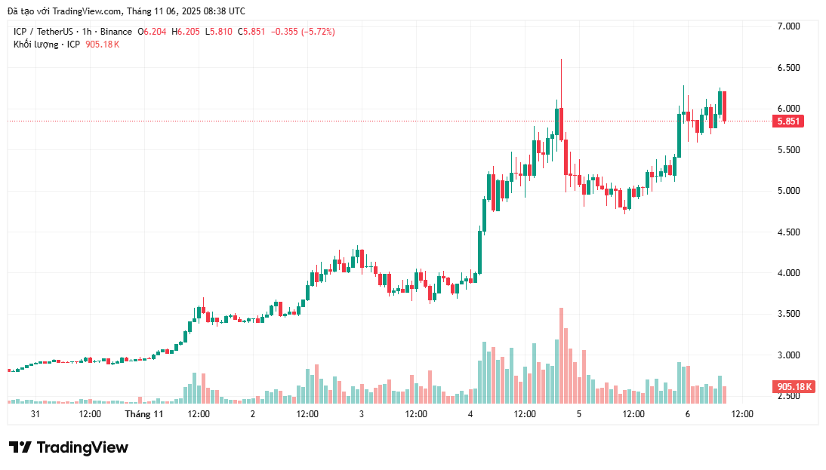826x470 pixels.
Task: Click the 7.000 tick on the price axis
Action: pos(788,26)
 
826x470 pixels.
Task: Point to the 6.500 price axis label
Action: pos(788,68)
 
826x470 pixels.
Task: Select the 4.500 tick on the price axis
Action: pos(788,232)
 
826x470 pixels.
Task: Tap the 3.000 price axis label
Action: pos(788,355)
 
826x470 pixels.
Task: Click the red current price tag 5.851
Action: pos(788,121)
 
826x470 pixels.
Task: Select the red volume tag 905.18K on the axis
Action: pos(794,387)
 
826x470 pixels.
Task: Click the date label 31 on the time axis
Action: pos(35,414)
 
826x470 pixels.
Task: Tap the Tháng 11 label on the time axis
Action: pos(144,414)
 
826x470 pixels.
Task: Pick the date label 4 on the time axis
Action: pos(470,414)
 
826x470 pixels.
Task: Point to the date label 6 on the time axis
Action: pos(688,414)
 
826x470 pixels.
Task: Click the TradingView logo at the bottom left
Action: pos(69,447)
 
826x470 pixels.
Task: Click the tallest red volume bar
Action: pos(561,355)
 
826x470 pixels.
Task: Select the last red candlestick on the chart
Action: pos(724,106)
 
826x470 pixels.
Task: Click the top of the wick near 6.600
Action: pos(561,60)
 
